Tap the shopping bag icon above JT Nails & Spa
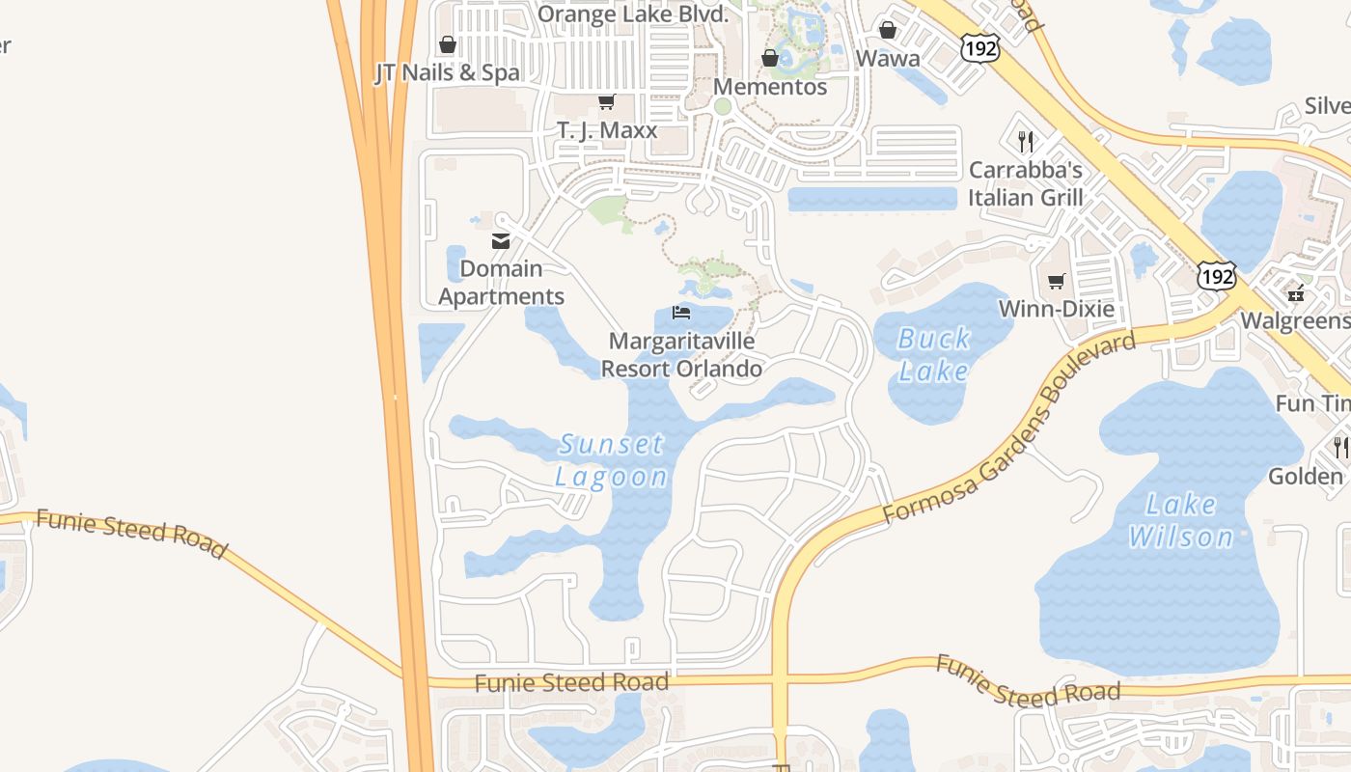coord(447,44)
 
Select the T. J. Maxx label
coord(607,129)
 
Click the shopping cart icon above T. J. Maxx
coord(606,101)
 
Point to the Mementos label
coord(770,87)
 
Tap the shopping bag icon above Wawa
coord(888,31)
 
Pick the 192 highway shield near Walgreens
coord(1217,276)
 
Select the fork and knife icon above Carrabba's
coord(1026,142)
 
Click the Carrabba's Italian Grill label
coord(1026,184)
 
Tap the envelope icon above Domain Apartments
coord(500,241)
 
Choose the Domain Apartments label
coord(501,283)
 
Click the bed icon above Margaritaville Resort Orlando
coord(681,313)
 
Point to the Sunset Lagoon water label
coord(612,460)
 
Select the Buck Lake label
coord(933,354)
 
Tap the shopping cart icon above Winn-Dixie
coord(1057,282)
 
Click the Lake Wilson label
coord(1180,520)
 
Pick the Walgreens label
coord(1295,320)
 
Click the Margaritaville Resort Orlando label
coord(681,355)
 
